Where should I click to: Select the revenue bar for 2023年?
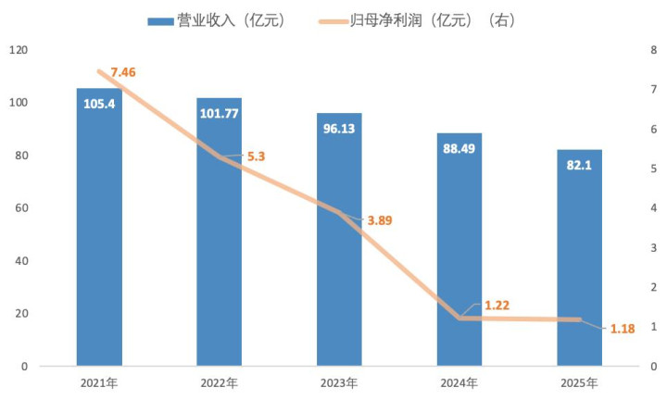coord(339,250)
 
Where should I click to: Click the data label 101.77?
coord(219,114)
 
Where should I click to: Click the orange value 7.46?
coord(125,71)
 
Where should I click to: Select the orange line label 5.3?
coord(256,156)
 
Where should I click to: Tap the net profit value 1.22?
coord(496,305)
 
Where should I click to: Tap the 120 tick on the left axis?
coord(19,50)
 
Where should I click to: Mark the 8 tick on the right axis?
coord(654,50)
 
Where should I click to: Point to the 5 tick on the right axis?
coord(654,169)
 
